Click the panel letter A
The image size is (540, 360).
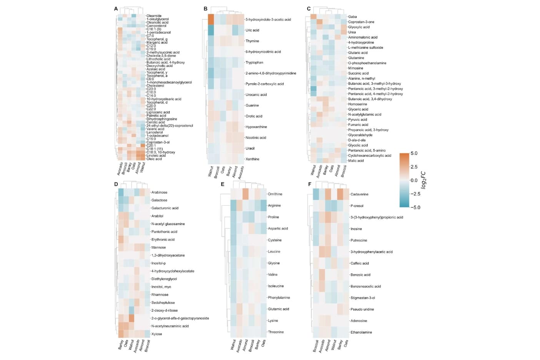(x=116, y=8)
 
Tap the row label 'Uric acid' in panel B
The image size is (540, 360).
(x=252, y=30)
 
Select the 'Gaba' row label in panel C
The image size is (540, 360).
(x=352, y=17)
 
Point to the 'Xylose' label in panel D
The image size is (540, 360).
(x=157, y=334)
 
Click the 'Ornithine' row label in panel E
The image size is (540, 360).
(x=275, y=194)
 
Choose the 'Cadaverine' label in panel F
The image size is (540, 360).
(x=359, y=194)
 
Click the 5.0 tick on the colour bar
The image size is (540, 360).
(x=414, y=153)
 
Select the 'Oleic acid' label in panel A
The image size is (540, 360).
(x=154, y=159)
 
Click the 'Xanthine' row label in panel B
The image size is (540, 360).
(x=252, y=159)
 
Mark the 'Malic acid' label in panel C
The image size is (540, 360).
(x=356, y=160)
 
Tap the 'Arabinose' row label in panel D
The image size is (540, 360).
(x=159, y=192)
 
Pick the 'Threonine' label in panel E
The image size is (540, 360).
(x=276, y=332)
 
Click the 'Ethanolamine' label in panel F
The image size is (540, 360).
(x=361, y=332)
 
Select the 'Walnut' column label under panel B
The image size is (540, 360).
(x=210, y=172)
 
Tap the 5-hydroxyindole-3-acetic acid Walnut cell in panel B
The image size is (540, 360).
(x=211, y=19)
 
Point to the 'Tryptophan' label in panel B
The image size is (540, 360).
(x=254, y=62)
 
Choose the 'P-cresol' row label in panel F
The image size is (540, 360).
(x=357, y=206)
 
